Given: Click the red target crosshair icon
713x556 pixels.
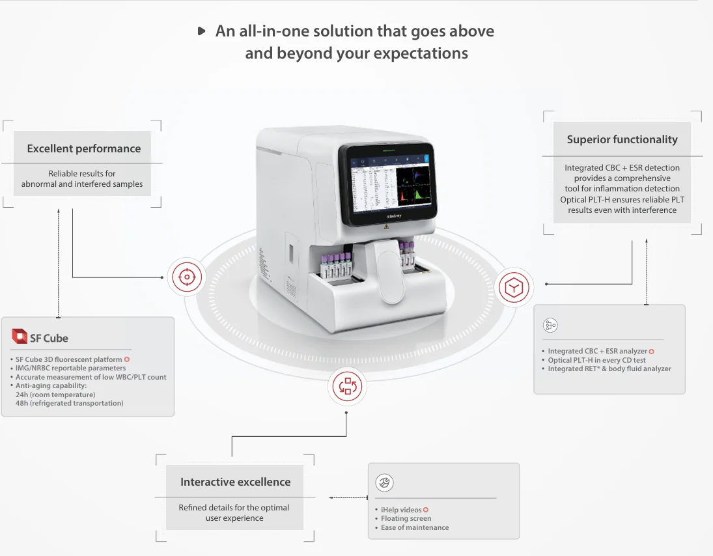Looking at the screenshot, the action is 187,277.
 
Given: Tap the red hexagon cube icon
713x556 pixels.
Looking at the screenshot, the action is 514,287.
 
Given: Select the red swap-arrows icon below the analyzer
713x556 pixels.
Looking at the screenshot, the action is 348,387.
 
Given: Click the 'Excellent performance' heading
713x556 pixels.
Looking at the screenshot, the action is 83,148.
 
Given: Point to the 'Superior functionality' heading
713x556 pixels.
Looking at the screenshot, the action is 622,139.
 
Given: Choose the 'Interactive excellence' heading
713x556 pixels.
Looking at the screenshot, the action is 236,482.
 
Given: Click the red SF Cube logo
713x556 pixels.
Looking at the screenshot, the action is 20,336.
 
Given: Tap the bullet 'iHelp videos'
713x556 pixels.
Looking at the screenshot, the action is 401,510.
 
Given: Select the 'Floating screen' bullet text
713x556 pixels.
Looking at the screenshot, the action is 406,518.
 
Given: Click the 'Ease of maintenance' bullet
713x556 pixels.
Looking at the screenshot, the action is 415,527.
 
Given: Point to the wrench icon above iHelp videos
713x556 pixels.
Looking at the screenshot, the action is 384,482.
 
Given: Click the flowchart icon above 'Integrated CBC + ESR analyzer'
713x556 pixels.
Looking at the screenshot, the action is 550,325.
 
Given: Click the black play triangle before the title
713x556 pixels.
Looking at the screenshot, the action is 201,31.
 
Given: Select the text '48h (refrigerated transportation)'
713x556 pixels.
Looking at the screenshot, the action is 70,403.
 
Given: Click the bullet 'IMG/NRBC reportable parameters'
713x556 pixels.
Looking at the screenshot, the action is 70,368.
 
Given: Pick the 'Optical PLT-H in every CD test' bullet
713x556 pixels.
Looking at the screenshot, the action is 596,360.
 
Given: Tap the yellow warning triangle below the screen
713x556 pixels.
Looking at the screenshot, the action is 387,227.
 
